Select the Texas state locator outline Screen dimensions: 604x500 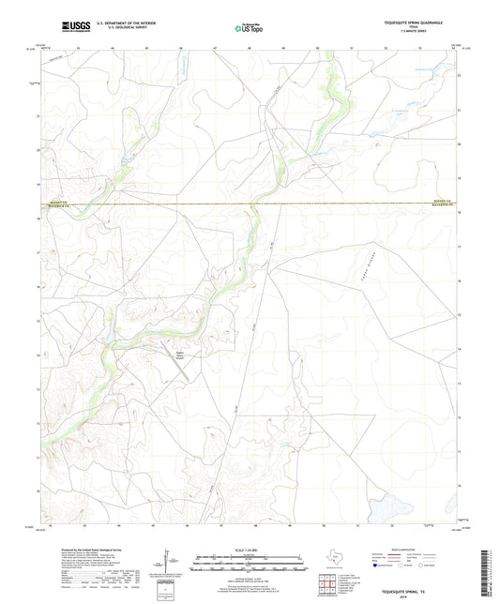(334, 561)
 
